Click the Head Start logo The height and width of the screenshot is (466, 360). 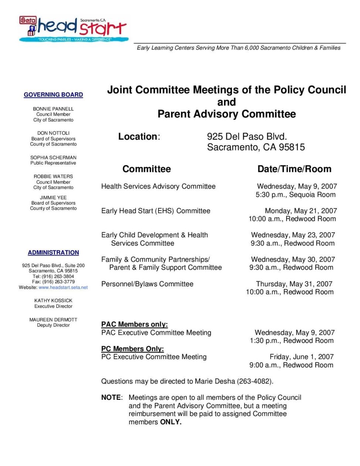point(74,28)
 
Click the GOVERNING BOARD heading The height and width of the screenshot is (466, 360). point(53,95)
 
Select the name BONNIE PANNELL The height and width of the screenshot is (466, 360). point(53,109)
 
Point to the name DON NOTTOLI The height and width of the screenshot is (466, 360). point(53,133)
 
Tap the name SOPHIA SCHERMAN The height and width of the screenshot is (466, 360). point(53,158)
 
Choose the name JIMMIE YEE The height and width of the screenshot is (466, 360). point(53,197)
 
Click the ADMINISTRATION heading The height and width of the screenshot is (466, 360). point(53,253)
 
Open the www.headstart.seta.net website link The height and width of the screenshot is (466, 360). point(63,287)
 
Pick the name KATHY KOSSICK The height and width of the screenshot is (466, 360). point(53,301)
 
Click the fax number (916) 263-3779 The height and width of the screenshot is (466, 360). point(58,282)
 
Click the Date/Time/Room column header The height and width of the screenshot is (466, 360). point(294,169)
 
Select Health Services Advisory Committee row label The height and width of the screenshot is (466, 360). point(158,186)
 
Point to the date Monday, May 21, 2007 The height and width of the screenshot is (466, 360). point(300,211)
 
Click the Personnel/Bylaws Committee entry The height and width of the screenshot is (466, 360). point(147,284)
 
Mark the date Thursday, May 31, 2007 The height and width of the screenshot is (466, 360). point(294,284)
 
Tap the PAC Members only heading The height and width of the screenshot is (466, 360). point(135,324)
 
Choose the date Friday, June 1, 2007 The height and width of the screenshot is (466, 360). point(301,357)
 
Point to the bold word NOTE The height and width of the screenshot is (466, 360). point(111,398)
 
